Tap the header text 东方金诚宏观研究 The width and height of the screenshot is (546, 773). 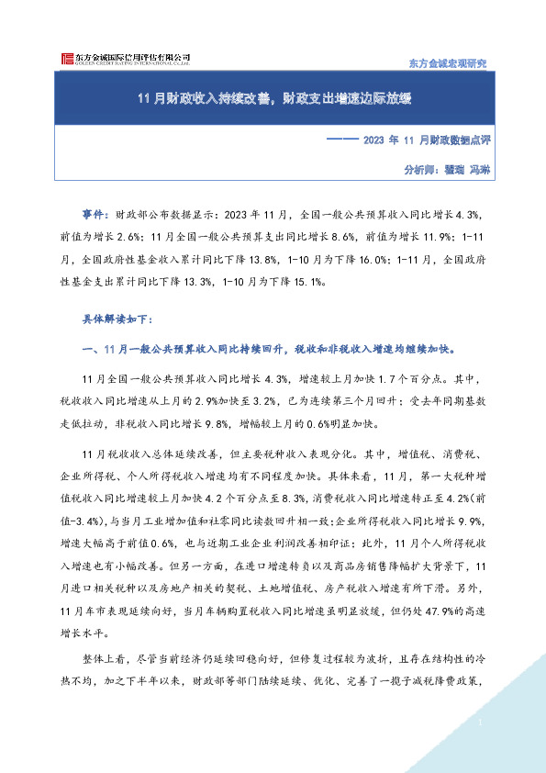tap(446, 62)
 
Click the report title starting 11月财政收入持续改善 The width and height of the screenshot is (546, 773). tap(273, 99)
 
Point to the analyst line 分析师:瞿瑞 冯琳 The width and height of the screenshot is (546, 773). tap(448, 170)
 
